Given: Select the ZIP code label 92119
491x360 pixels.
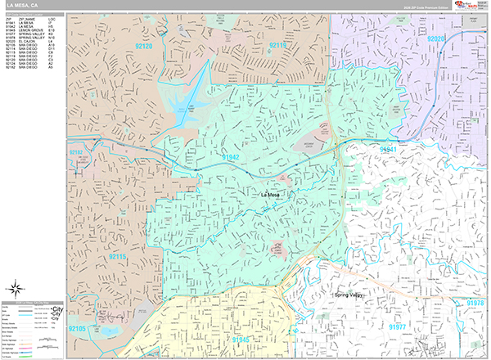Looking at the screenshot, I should click(278, 46).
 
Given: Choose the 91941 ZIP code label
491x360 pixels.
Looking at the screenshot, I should click(387, 150).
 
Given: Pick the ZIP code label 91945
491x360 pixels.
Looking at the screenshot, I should click(218, 339).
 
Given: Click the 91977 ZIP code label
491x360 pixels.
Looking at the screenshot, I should click(397, 327).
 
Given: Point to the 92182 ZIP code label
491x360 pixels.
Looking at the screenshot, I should click(76, 152).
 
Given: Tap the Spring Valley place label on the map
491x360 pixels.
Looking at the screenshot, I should click(352, 294).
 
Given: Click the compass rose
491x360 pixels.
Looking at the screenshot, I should click(16, 287).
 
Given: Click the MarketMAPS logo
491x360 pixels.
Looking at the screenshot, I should click(472, 7).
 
